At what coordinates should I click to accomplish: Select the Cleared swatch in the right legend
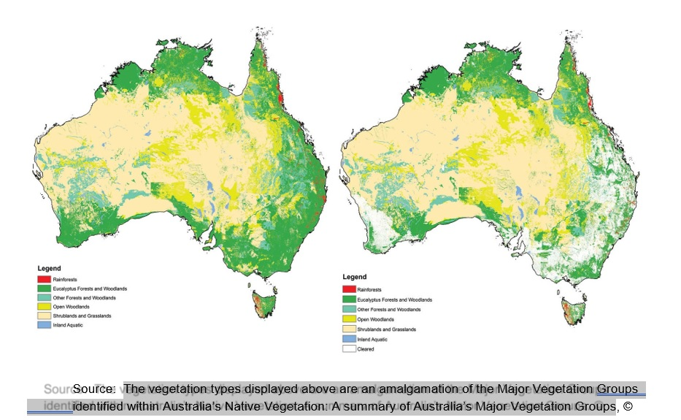pyautogui.click(x=350, y=349)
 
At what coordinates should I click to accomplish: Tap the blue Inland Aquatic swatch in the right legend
pyautogui.click(x=350, y=339)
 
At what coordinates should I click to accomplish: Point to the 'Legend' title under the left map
pyautogui.click(x=49, y=269)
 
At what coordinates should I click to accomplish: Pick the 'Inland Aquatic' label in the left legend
pyautogui.click(x=67, y=325)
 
